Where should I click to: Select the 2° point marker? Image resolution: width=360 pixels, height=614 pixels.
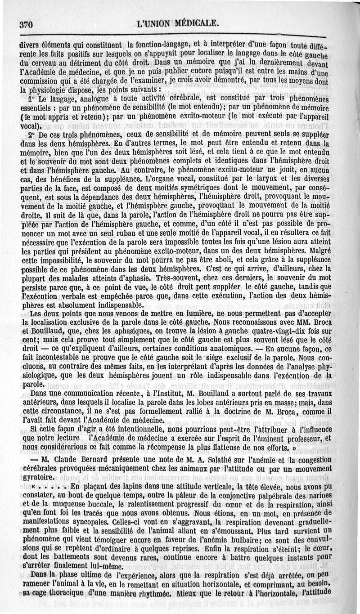point(31,134)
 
